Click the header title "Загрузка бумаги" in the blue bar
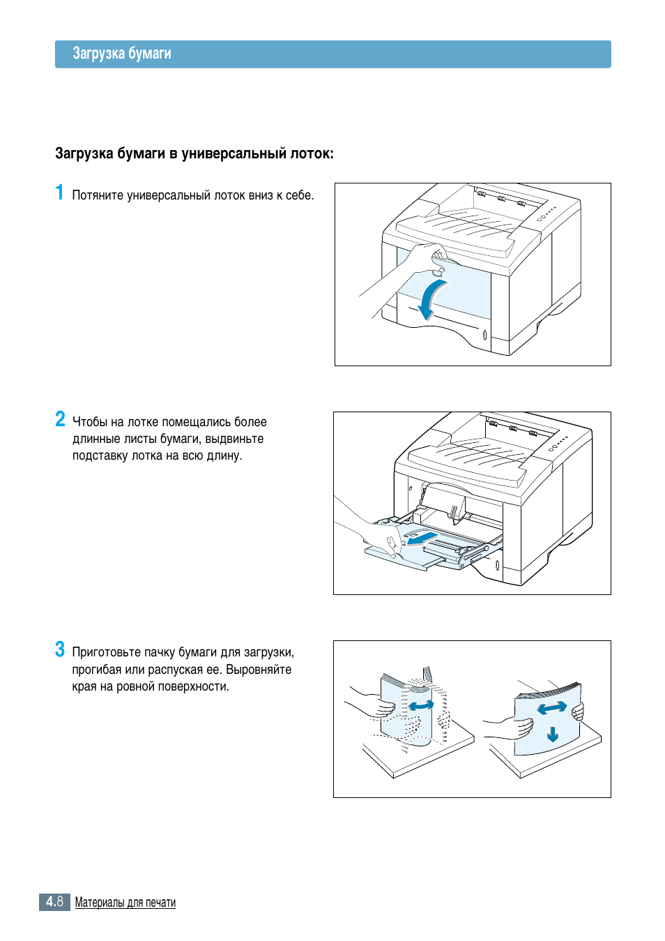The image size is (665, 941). tap(122, 54)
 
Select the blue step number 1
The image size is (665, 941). tap(60, 193)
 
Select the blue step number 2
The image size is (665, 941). tap(61, 419)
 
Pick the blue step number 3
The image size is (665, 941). tap(61, 649)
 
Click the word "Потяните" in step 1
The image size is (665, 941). tap(98, 195)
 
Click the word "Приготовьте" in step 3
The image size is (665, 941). tap(107, 652)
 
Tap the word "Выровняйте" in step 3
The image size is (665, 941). tap(259, 670)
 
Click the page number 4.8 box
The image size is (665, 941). tap(54, 902)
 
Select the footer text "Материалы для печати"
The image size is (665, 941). tap(125, 903)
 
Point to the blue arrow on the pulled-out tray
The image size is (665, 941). tap(422, 539)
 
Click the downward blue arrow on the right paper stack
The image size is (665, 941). tap(553, 734)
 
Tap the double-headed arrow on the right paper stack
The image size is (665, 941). tap(552, 709)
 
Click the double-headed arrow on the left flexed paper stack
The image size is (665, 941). tap(421, 706)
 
